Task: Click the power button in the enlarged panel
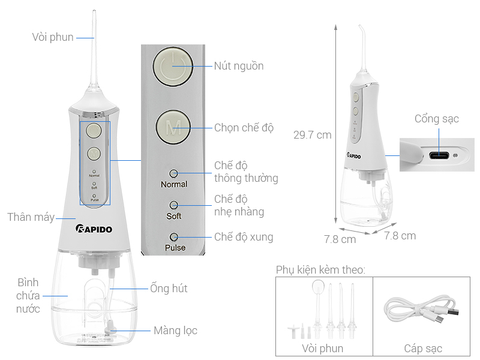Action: click(173, 66)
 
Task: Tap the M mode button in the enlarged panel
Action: click(173, 127)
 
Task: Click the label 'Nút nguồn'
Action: click(239, 66)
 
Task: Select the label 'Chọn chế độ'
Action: click(244, 128)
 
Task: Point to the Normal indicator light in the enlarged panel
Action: click(173, 173)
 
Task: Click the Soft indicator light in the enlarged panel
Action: click(173, 205)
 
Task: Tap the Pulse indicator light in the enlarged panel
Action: click(173, 236)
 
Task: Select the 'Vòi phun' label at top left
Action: click(53, 37)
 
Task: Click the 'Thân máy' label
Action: click(31, 217)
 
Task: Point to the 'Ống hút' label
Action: click(169, 289)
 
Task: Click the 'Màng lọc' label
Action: click(175, 331)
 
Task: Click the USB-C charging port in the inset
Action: click(437, 154)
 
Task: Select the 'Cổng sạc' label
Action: click(436, 119)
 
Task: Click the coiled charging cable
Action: click(421, 312)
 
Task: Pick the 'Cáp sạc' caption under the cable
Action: click(422, 349)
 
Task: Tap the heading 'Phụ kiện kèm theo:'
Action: click(320, 269)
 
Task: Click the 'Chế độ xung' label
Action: click(244, 237)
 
